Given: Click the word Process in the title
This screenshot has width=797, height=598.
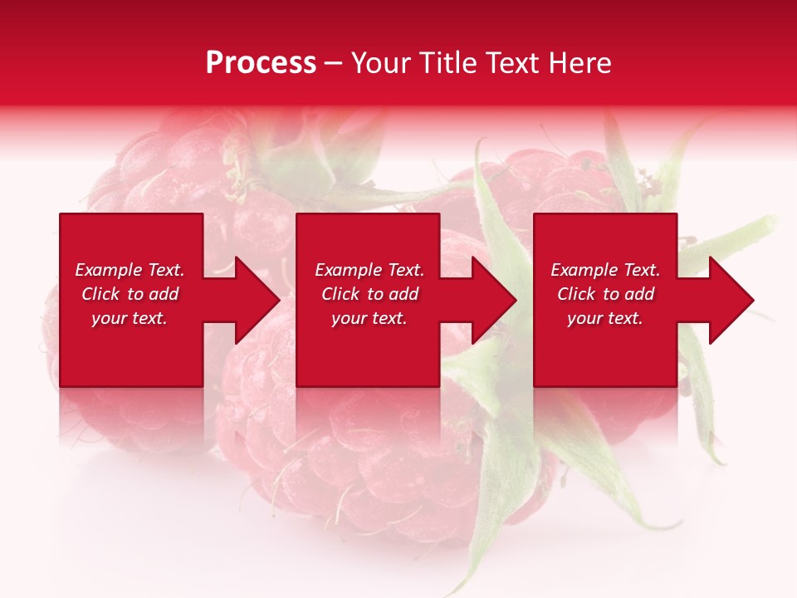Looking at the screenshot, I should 261,63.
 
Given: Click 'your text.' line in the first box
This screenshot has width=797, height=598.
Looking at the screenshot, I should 130,318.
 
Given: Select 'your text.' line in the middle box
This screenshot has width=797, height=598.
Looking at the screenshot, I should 369,318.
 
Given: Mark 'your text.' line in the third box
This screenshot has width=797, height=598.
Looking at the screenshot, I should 605,318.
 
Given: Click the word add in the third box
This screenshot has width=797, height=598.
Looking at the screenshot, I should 639,294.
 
